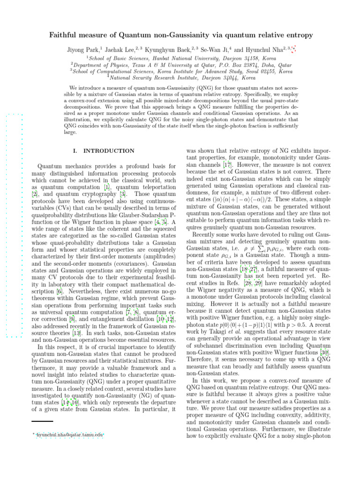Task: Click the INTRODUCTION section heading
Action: click(108, 151)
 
